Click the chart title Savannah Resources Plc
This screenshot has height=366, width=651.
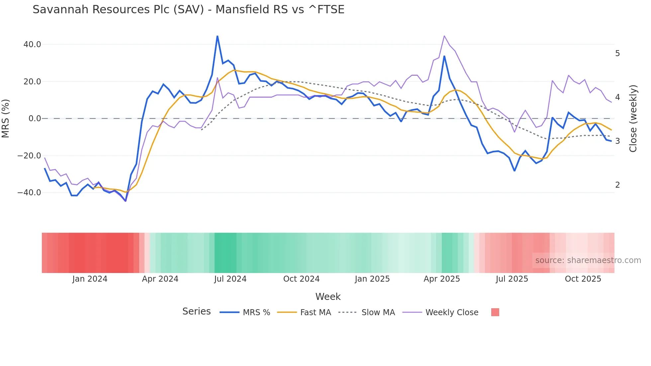[188, 10]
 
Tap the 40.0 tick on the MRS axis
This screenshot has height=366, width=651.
[32, 45]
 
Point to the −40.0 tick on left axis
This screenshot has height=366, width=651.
[29, 193]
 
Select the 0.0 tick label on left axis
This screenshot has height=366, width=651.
[35, 119]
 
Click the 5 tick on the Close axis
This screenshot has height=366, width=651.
[617, 53]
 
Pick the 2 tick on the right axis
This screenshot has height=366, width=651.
[617, 185]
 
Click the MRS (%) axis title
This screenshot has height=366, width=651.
[6, 119]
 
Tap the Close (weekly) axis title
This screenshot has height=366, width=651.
[633, 119]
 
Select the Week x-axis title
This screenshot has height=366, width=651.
[328, 297]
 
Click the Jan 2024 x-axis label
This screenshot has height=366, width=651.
[90, 279]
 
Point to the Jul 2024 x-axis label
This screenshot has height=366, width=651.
[230, 279]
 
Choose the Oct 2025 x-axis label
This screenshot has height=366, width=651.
[583, 279]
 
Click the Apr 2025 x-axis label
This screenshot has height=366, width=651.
[442, 279]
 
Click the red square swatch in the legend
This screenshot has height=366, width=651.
[495, 312]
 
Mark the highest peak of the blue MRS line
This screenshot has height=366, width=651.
[217, 36]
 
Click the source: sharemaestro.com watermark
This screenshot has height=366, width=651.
[588, 260]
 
